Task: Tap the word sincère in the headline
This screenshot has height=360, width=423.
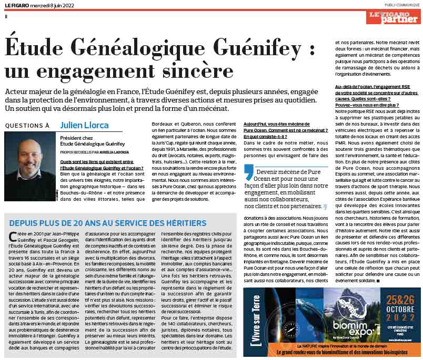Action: (182, 70)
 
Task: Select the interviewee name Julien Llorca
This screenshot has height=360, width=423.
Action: (85, 125)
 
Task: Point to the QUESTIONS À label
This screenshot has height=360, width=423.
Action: (27, 126)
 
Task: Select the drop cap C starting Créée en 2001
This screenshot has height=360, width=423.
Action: (12, 238)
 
